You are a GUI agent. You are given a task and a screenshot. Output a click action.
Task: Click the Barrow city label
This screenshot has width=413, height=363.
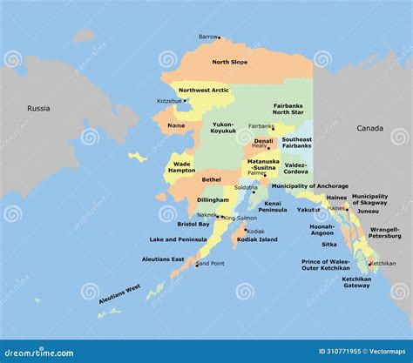pos(207,37)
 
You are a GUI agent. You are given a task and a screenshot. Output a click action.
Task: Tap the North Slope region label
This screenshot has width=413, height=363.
pos(229,62)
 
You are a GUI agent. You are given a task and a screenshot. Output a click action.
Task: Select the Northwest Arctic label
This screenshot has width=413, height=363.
pos(204,91)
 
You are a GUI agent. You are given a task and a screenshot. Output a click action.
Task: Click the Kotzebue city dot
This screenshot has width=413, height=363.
pos(185,100)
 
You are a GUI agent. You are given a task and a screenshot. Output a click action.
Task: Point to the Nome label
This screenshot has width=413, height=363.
pos(176,125)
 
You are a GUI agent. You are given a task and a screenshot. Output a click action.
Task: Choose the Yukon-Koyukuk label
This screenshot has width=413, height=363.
pos(224,127)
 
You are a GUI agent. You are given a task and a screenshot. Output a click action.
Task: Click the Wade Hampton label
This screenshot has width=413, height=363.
pos(182,167)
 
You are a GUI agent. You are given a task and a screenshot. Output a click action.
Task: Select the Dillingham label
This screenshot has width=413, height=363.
pos(213,200)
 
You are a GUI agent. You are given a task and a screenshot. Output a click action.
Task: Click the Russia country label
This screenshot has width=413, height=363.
pos(38,109)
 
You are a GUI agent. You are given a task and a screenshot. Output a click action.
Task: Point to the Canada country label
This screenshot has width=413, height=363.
pos(369,128)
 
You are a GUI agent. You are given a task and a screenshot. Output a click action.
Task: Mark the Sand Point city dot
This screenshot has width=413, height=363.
pos(196,264)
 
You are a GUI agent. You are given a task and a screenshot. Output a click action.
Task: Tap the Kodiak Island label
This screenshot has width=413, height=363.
pos(256,239)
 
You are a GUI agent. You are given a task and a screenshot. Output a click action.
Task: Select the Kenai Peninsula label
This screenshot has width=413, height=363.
pos(273,206)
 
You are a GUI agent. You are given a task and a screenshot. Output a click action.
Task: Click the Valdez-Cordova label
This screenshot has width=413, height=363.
pos(295,167)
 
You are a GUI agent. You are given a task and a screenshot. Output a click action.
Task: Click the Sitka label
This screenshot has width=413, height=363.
pos(328,245)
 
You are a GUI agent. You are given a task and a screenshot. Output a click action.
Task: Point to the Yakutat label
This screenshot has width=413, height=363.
pos(308,210)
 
